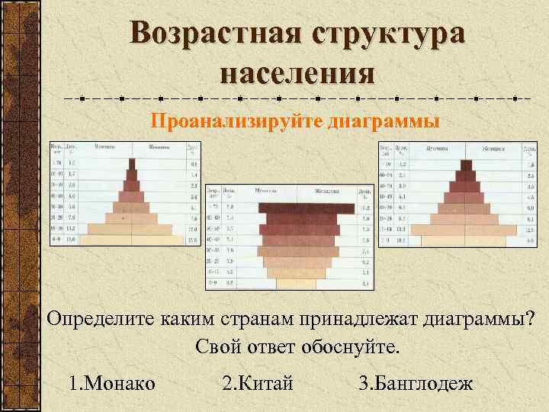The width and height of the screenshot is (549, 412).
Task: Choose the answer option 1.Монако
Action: coord(111,382)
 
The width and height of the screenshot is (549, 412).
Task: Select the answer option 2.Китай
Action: coord(257,382)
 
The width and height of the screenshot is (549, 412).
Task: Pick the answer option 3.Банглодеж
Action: coord(416,382)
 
